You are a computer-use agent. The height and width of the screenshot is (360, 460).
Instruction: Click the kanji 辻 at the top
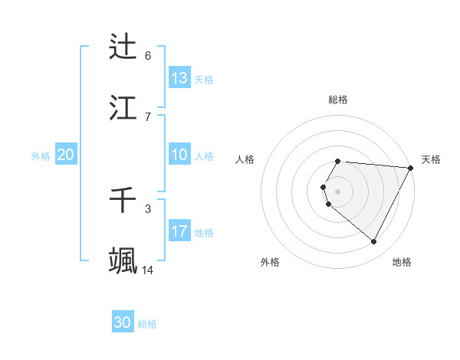123,47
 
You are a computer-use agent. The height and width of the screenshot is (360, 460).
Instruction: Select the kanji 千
123,201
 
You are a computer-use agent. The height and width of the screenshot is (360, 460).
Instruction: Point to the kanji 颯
123,261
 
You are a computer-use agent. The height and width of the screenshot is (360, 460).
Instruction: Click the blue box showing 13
179,78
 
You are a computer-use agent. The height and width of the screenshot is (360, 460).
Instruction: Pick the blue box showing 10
179,155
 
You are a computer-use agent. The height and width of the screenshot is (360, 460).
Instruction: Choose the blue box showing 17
179,231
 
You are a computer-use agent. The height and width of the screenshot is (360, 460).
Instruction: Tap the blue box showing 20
65,155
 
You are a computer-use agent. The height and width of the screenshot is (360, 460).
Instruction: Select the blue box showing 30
122,322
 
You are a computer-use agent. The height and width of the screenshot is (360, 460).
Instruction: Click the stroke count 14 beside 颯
147,270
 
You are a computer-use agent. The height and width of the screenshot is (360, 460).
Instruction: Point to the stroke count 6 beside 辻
147,56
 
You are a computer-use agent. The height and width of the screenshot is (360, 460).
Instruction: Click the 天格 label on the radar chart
431,159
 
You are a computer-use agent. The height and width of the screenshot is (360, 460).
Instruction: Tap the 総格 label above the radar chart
338,100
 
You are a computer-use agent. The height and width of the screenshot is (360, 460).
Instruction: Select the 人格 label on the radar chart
245,159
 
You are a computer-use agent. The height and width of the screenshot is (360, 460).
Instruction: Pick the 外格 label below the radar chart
270,262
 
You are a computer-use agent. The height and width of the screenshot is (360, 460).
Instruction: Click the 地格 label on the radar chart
402,262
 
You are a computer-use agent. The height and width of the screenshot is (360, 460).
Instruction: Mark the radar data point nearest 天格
410,168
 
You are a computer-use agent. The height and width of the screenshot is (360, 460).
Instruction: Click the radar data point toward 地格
374,242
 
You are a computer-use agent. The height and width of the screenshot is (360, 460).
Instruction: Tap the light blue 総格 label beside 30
147,324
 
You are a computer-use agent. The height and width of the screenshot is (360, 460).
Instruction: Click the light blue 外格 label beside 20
41,156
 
